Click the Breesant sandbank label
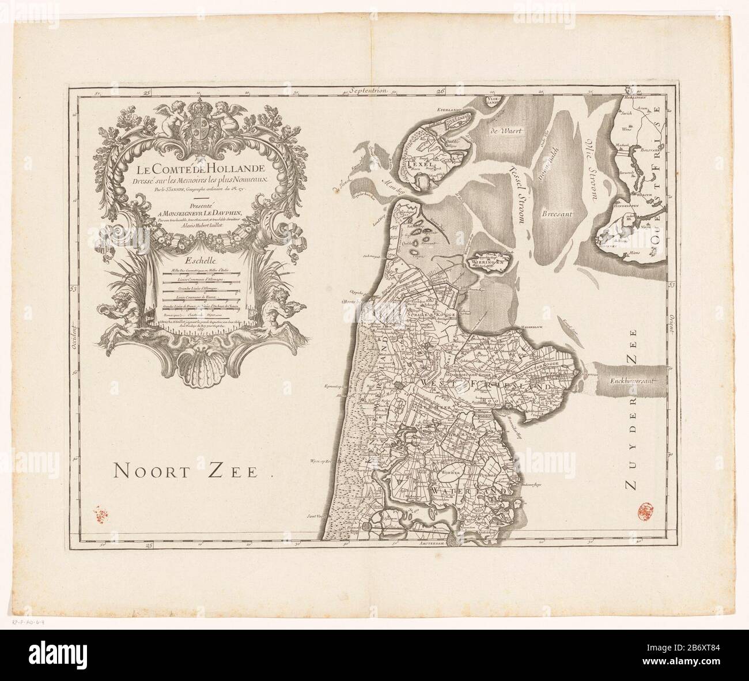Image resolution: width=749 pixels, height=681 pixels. tap(555, 214)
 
